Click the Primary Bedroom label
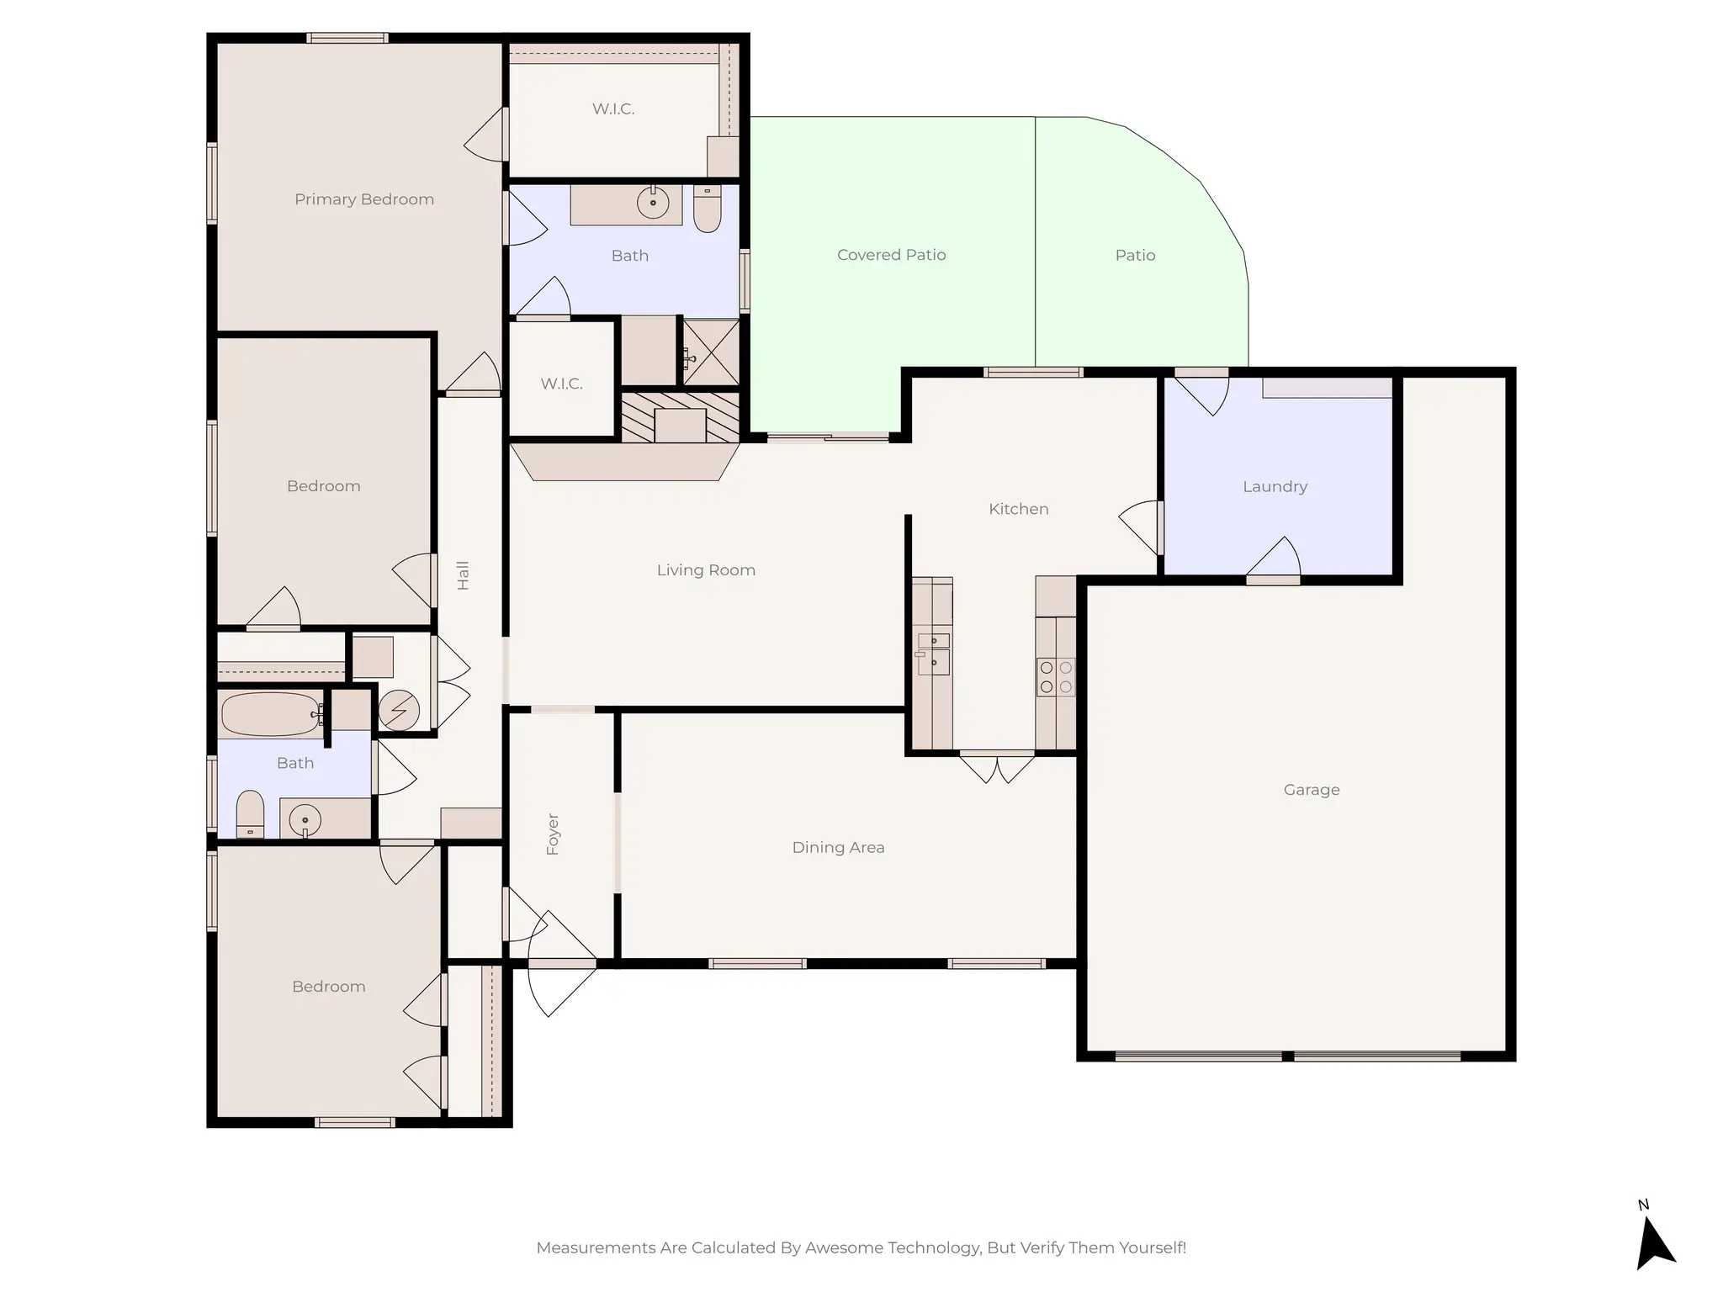pyautogui.click(x=364, y=199)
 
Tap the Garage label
pyautogui.click(x=1312, y=790)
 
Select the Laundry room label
pyautogui.click(x=1275, y=487)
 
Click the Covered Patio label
pyautogui.click(x=891, y=255)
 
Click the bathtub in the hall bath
pyautogui.click(x=270, y=714)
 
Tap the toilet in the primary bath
pyautogui.click(x=708, y=209)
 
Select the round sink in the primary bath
pyautogui.click(x=653, y=203)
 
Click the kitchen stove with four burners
pyautogui.click(x=1056, y=677)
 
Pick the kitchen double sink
pyautogui.click(x=934, y=654)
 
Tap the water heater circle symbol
pyautogui.click(x=399, y=711)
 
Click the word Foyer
pyautogui.click(x=553, y=834)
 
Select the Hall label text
pyautogui.click(x=463, y=575)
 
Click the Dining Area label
pyautogui.click(x=838, y=848)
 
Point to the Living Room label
pyautogui.click(x=706, y=570)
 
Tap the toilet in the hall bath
pyautogui.click(x=250, y=813)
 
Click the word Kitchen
pyautogui.click(x=1018, y=509)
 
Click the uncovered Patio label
pyautogui.click(x=1135, y=256)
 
